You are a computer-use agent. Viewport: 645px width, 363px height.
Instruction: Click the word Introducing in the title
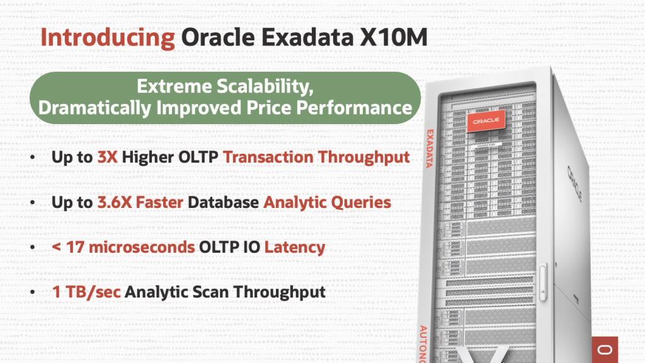click(108, 38)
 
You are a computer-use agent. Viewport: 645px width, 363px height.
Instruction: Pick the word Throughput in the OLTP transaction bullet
click(363, 158)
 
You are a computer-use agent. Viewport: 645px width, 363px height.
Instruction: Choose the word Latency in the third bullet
click(295, 247)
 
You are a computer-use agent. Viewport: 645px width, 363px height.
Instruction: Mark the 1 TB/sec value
click(86, 292)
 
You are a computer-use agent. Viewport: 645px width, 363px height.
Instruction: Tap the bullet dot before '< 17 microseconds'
click(32, 248)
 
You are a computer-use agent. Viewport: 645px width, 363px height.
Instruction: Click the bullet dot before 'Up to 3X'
click(32, 158)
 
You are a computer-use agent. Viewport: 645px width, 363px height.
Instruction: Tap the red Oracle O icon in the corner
click(605, 349)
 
